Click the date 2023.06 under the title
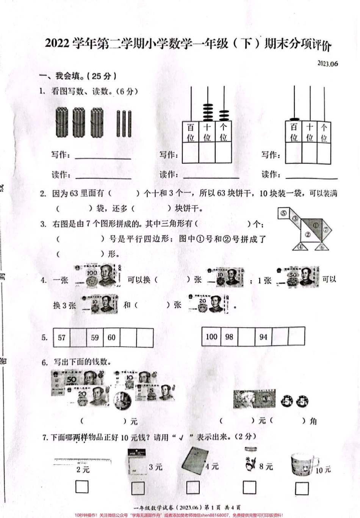pos(327,64)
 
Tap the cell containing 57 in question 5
pos(62,337)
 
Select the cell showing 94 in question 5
pos(263,337)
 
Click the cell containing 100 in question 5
pos(211,336)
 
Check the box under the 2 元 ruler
pos(82,487)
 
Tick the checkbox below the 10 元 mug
pos(302,488)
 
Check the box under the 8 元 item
pos(249,488)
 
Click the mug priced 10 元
pos(302,465)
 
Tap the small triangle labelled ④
pos(301,247)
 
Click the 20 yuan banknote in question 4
pos(208,304)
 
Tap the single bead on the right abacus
pos(294,118)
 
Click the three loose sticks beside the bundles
pos(124,123)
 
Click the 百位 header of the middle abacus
pos(191,132)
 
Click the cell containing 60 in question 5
pos(111,337)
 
